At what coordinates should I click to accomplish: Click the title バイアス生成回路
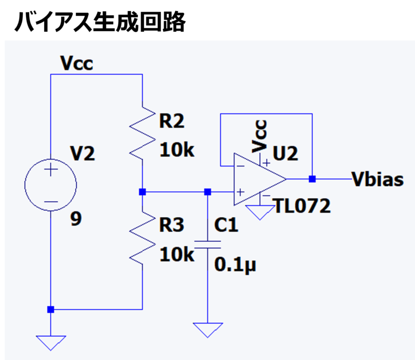pyautogui.click(x=100, y=22)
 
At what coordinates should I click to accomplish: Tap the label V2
pyautogui.click(x=82, y=154)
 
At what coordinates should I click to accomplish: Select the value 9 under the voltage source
pyautogui.click(x=76, y=219)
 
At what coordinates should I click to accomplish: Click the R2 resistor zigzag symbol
pyautogui.click(x=142, y=133)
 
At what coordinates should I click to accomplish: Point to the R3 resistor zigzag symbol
pyautogui.click(x=142, y=238)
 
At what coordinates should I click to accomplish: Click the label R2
pyautogui.click(x=172, y=121)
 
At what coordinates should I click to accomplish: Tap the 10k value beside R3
pyautogui.click(x=177, y=254)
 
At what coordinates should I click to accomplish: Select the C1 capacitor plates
pyautogui.click(x=208, y=245)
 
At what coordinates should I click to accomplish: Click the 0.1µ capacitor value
pyautogui.click(x=236, y=265)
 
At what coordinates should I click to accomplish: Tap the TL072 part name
pyautogui.click(x=303, y=206)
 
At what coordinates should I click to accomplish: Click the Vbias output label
pyautogui.click(x=378, y=179)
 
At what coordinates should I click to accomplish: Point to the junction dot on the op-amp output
pyautogui.click(x=312, y=179)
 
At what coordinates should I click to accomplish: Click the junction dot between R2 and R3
pyautogui.click(x=142, y=192)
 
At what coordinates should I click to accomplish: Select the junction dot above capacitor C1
pyautogui.click(x=208, y=192)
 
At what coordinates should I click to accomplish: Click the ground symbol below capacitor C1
pyautogui.click(x=208, y=330)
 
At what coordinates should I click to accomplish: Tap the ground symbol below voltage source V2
pyautogui.click(x=51, y=343)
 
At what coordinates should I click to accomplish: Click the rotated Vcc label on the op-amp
pyautogui.click(x=259, y=136)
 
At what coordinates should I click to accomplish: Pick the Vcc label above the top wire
pyautogui.click(x=77, y=63)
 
